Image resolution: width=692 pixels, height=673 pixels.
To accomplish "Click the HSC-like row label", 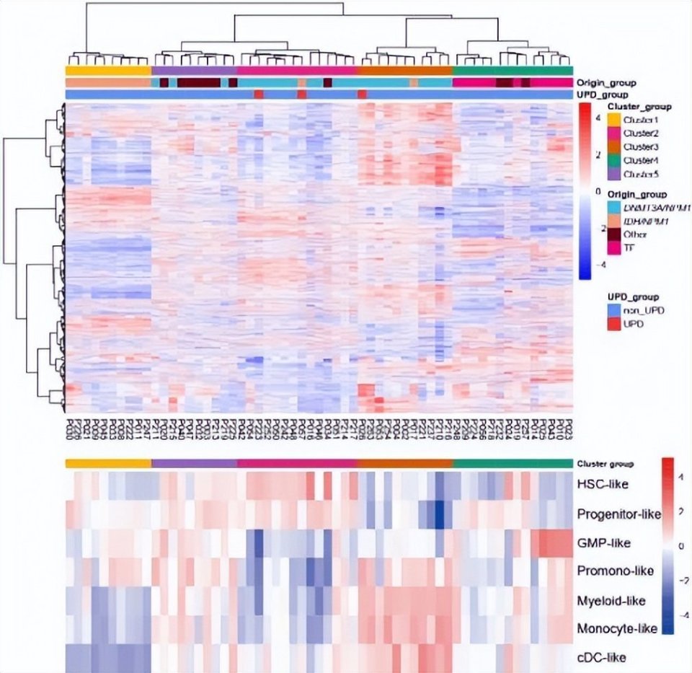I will point(603,483).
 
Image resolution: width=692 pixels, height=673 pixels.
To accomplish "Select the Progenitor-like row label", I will point(618,514).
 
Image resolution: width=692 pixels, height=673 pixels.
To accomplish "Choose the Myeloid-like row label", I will point(611,600).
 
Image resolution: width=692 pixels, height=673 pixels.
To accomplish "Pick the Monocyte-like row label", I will point(617,629).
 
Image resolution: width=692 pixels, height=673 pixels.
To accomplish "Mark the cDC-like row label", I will point(601,657).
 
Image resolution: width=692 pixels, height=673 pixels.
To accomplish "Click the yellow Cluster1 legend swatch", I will point(614,120).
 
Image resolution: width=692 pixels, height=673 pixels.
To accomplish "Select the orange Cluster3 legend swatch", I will point(614,146).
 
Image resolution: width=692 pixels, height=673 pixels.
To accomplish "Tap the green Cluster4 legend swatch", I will point(614,160).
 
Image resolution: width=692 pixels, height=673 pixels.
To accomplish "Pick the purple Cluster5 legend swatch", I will point(614,174).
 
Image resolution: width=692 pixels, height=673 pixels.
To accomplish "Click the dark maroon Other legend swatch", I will point(614,234).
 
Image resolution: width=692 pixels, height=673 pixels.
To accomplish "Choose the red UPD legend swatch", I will point(614,324).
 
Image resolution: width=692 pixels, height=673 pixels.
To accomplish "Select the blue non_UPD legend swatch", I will point(614,310).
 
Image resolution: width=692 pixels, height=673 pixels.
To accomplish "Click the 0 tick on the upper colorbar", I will point(599,192).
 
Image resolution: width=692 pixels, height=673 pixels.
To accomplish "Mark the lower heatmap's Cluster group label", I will point(604,463).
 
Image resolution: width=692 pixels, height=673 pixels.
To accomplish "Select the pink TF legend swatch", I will point(614,248).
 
